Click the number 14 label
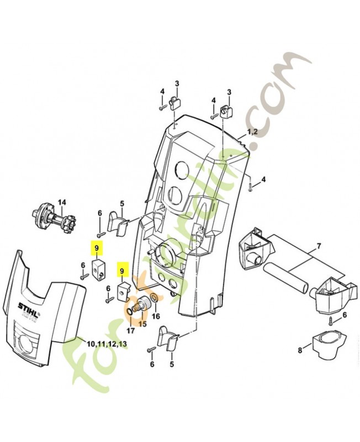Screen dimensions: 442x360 click(62, 202)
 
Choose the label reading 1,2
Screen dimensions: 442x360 click(252, 132)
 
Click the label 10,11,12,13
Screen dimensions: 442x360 click(107, 344)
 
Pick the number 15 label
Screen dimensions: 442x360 click(142, 323)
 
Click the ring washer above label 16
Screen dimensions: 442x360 click(155, 299)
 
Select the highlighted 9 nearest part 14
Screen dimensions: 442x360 click(97, 249)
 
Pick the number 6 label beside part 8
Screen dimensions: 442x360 click(345, 314)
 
